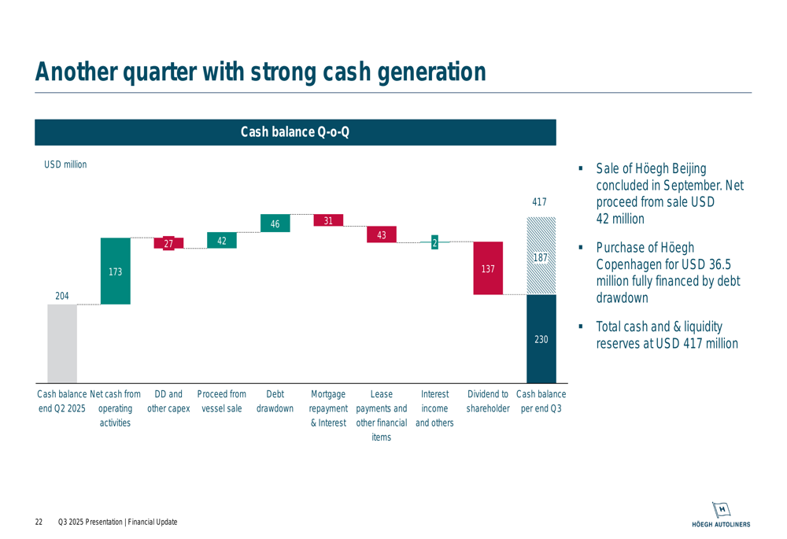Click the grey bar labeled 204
pos(62,343)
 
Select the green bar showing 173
pos(115,271)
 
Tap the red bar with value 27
pos(168,244)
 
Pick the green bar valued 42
pos(222,241)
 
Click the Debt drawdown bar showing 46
pos(275,223)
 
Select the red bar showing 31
pos(328,220)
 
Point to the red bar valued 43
pos(382,234)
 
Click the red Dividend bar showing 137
pos(488,268)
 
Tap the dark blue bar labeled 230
pos(541,339)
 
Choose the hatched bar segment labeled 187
pos(541,257)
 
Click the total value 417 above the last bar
pos(539,202)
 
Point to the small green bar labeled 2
pos(434,243)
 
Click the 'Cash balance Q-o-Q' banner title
pos(295,132)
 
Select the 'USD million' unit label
pos(65,164)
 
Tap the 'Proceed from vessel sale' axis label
pos(221,401)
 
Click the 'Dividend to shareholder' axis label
pos(488,401)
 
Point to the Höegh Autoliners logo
pos(721,514)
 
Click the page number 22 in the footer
pos(39,522)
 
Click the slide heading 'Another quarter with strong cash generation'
pos(260,72)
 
